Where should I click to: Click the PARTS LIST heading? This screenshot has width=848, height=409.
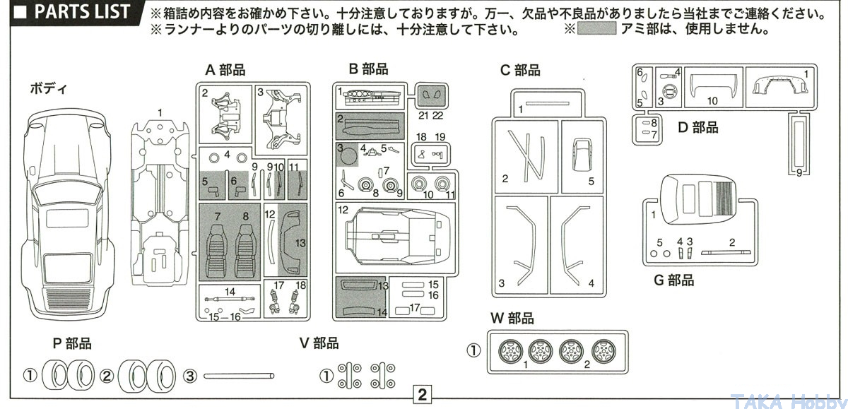82,11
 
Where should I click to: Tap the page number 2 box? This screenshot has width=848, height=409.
422,395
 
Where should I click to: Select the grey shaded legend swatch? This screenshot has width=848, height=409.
596,28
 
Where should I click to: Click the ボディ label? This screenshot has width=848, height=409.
49,89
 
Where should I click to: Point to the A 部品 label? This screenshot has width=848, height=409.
225,70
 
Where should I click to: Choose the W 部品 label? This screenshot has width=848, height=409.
512,318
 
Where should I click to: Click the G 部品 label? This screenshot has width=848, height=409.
674,280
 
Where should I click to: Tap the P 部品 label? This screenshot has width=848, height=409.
72,343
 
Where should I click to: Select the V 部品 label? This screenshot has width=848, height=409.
319,343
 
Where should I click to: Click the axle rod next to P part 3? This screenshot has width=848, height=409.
239,376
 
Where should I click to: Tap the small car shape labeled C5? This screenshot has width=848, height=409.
582,156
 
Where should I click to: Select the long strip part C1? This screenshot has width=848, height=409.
548,103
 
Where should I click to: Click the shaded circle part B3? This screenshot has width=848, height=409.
347,156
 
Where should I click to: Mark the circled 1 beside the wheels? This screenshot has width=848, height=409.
473,351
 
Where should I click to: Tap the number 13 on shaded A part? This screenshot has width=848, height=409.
300,243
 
